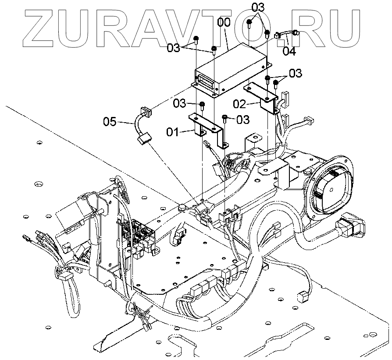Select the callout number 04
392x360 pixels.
pyautogui.click(x=289, y=51)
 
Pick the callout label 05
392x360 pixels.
pyautogui.click(x=110, y=121)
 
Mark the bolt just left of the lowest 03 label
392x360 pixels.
pyautogui.click(x=225, y=118)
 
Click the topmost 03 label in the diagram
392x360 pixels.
pyautogui.click(x=258, y=7)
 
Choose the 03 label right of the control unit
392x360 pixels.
pyautogui.click(x=295, y=73)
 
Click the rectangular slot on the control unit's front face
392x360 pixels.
pyautogui.click(x=206, y=81)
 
